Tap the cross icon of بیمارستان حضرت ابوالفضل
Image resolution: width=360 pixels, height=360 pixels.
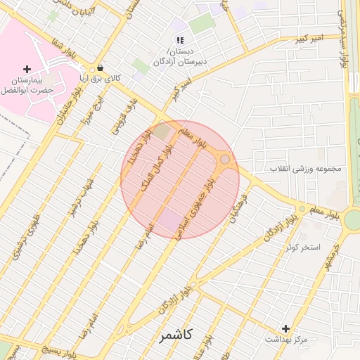[27, 69]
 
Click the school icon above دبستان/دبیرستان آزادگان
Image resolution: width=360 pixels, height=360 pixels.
[180, 41]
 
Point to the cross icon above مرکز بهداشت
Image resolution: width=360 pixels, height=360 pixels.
[285, 328]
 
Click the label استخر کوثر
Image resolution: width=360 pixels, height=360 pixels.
[302, 247]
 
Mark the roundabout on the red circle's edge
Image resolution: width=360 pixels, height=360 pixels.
[225, 160]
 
